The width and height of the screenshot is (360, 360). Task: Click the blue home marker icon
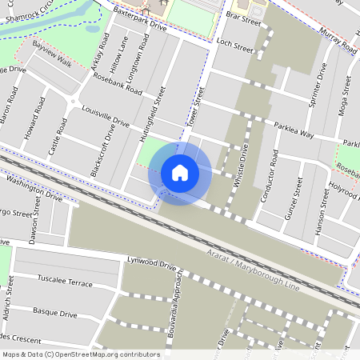[x=180, y=173]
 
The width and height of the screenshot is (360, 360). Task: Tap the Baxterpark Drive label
[x=140, y=19]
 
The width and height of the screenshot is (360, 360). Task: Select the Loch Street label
[x=234, y=46]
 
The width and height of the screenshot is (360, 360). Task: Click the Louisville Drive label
[x=105, y=117]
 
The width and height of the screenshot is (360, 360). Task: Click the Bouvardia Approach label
[x=179, y=300]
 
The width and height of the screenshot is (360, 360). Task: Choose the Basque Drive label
[x=55, y=311]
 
